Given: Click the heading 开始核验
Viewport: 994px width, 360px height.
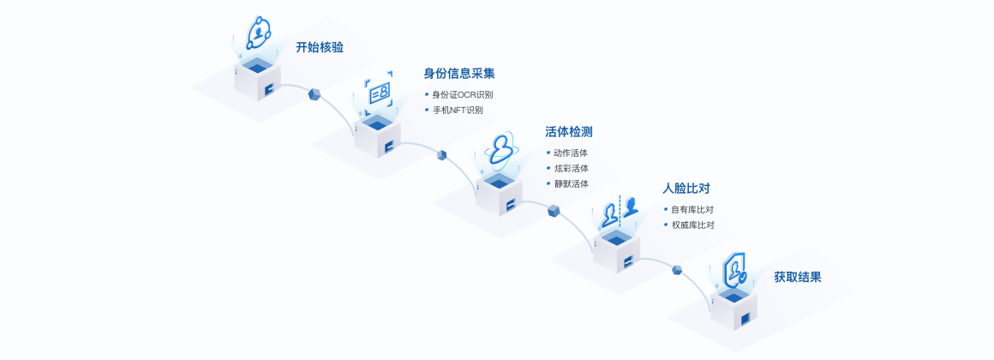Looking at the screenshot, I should point(320,48).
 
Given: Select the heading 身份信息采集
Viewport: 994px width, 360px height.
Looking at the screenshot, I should point(459,74).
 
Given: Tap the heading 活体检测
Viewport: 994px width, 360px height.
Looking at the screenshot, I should point(569,132).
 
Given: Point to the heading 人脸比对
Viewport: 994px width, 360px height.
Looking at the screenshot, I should point(686,188).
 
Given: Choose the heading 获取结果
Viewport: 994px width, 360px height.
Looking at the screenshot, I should point(798,277).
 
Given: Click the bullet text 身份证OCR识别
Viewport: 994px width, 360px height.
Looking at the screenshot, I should point(462,94).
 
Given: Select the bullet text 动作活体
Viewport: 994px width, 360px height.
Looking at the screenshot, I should point(571,153).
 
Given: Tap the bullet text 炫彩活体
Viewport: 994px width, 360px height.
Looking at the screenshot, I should point(571,168).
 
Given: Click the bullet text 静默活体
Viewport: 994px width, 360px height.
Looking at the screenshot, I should point(571,183).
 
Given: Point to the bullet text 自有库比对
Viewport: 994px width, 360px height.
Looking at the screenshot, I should point(692,209).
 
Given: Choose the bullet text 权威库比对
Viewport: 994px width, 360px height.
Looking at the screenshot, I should point(692,225).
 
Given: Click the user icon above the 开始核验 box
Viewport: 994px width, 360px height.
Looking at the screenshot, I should point(258,33).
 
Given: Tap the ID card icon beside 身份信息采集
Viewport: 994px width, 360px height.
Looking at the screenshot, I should point(378,92).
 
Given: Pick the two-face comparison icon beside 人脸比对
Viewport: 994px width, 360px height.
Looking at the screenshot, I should point(620,211).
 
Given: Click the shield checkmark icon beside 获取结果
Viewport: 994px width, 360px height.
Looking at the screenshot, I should point(734,272).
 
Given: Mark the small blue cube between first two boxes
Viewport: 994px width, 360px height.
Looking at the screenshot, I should point(314,93).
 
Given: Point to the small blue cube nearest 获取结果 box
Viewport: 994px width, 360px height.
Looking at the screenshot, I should point(677,270).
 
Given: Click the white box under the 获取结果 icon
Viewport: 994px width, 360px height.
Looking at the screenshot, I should point(735,310).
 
